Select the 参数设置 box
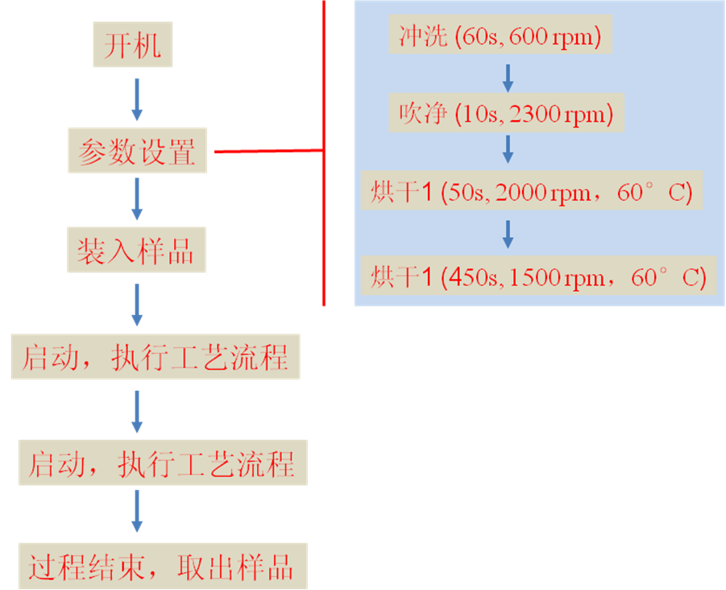[137, 151]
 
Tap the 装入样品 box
[135, 251]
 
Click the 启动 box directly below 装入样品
[155, 357]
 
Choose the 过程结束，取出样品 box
[162, 567]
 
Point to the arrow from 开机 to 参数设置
[137, 100]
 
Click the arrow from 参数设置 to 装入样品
[137, 199]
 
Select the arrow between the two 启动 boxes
[137, 412]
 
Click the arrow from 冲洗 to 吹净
[508, 77]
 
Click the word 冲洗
[423, 36]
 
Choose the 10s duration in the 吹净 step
[475, 114]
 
